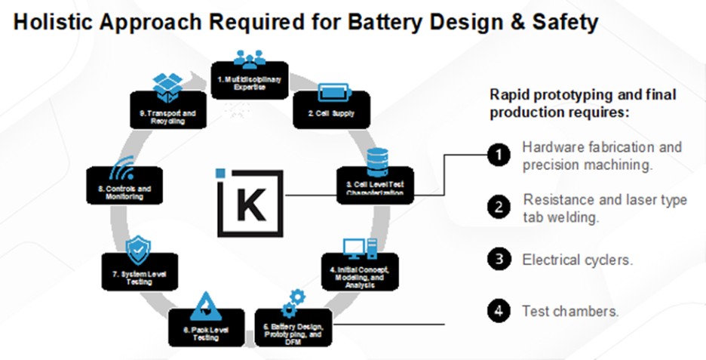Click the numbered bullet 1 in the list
click(498, 155)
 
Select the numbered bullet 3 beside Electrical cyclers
click(498, 260)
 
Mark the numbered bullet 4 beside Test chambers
click(498, 311)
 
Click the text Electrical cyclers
click(577, 260)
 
